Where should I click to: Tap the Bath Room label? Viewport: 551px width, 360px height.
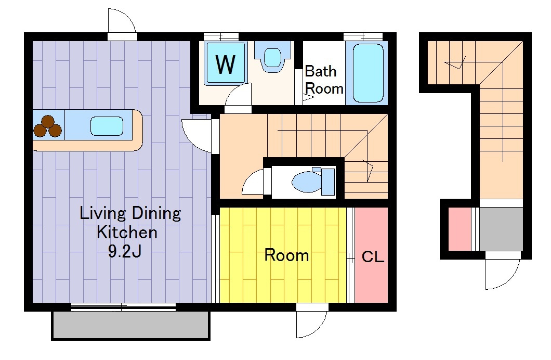(x=324, y=80)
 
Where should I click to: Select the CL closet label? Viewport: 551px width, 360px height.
(x=373, y=257)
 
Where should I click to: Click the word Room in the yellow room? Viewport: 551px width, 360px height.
(x=286, y=255)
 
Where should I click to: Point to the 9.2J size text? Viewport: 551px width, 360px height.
(x=125, y=251)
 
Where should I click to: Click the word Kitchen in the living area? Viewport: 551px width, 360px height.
(x=127, y=233)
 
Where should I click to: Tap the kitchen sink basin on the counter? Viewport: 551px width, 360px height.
(x=107, y=126)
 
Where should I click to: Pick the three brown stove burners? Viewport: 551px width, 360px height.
(x=48, y=126)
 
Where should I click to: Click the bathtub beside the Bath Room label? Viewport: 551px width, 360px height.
(x=368, y=73)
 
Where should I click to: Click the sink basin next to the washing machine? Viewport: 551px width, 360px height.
(x=273, y=57)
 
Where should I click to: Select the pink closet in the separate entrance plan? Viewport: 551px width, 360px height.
(x=460, y=229)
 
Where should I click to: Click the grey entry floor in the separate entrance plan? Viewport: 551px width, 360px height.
(x=501, y=229)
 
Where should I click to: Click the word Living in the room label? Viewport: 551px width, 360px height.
(x=102, y=213)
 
